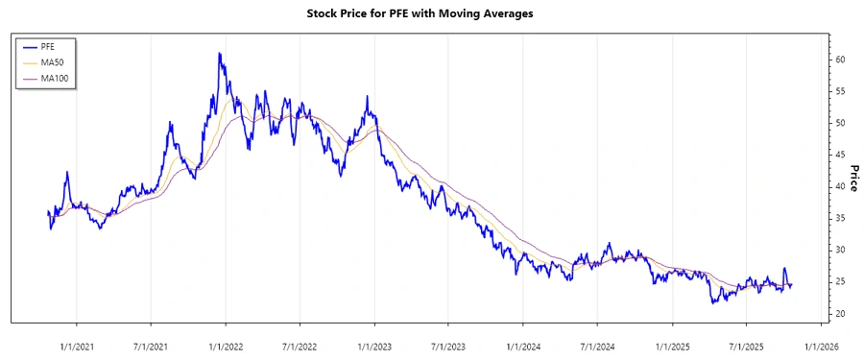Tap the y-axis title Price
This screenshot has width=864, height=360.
(852, 179)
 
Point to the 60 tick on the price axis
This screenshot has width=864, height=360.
(839, 60)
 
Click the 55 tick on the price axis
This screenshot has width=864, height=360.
(839, 91)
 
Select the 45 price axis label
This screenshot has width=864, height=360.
(839, 155)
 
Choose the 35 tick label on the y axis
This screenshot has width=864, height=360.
(839, 219)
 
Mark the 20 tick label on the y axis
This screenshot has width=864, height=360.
(839, 314)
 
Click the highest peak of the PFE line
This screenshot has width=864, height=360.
(220, 54)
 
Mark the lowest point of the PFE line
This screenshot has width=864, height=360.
(713, 303)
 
